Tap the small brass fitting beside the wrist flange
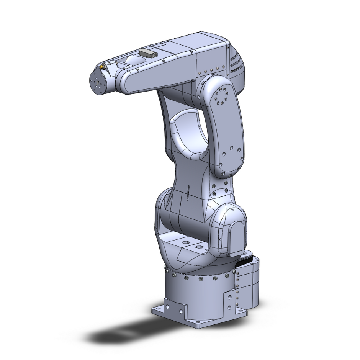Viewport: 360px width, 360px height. click(102, 67)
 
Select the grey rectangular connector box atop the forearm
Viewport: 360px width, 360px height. click(148, 52)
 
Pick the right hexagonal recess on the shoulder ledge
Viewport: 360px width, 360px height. click(198, 247)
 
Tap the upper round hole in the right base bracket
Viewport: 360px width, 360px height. click(229, 297)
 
